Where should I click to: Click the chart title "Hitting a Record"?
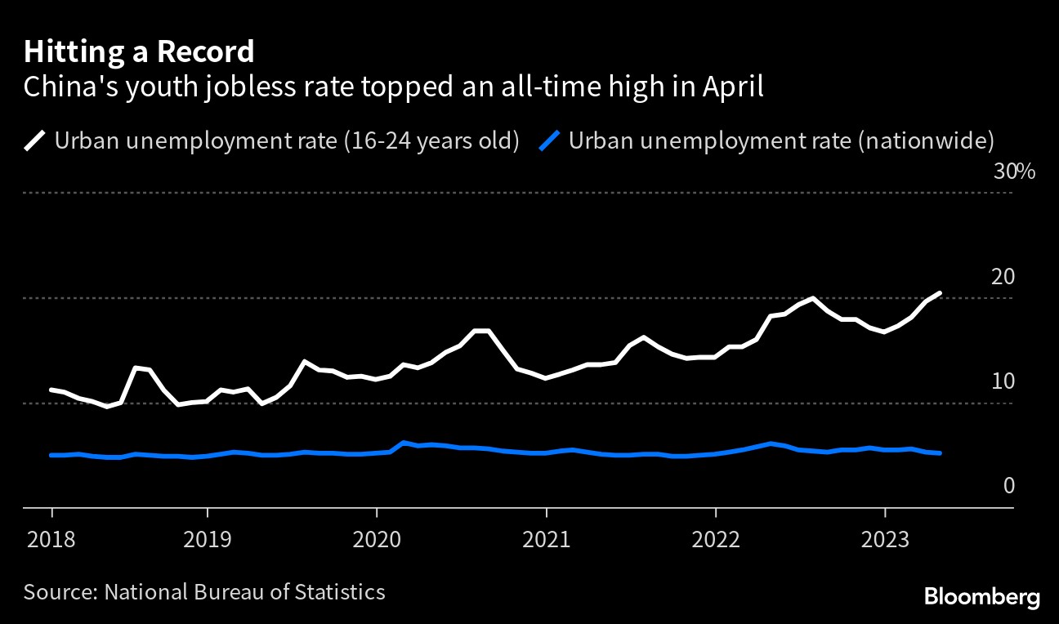139,52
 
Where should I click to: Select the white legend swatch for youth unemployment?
35,140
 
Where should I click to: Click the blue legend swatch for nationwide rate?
550,140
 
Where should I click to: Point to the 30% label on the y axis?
1014,172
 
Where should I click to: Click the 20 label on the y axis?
1003,277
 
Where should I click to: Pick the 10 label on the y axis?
1003,381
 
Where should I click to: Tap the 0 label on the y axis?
1008,486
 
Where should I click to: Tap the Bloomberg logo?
982,597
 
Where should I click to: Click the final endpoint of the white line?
941,292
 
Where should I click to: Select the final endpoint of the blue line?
941,452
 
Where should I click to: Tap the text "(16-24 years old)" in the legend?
431,140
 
